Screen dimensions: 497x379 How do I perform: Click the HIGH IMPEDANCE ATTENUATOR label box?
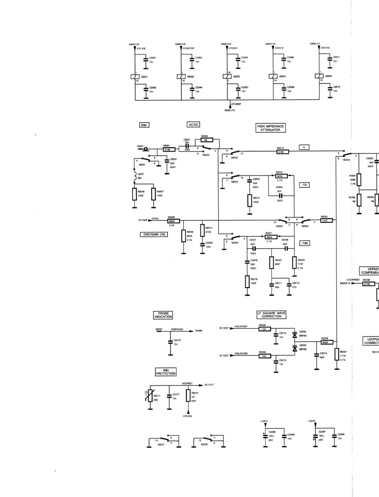270,128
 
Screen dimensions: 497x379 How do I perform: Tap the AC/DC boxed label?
193,124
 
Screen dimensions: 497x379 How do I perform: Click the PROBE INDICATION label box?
163,315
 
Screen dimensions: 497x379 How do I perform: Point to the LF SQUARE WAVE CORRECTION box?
271,315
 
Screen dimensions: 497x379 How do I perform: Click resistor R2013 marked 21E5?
283,152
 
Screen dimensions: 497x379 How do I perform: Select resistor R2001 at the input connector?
169,149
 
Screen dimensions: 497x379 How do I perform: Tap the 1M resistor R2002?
205,140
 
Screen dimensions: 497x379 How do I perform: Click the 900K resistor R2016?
281,176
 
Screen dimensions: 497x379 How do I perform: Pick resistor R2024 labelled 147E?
326,220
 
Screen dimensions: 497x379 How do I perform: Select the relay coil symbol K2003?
227,76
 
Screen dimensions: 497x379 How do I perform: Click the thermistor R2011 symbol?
150,396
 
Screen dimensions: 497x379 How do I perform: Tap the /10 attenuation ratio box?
305,185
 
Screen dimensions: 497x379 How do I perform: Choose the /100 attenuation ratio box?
305,243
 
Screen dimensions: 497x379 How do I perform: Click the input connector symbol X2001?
145,149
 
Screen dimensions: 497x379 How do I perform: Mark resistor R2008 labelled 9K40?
173,221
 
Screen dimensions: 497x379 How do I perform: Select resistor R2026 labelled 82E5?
327,342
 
